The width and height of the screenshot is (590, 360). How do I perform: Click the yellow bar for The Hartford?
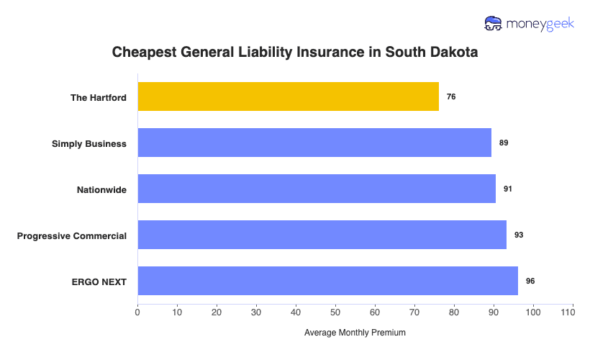pos(288,96)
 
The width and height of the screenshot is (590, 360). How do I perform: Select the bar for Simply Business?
pos(314,143)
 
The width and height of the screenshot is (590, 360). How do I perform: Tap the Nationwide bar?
pos(317,189)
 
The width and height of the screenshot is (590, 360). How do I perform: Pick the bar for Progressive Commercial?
pos(322,235)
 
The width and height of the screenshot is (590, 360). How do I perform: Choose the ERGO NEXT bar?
pos(327,281)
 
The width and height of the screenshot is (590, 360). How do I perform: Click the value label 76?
pos(451,96)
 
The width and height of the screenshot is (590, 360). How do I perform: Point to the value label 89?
pos(504,143)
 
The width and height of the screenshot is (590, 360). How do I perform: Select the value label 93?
pos(519,235)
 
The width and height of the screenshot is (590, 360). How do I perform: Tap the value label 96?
pos(530,281)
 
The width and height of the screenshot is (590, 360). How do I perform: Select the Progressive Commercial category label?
pos(72,235)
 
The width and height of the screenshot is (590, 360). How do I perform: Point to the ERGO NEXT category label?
pos(99,282)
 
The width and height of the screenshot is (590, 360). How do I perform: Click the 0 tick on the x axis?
pos(137,313)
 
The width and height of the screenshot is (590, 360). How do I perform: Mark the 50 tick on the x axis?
pos(335,313)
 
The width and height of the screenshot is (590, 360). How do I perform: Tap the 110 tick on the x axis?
pos(573,313)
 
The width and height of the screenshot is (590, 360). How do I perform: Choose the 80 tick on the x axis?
pos(454,313)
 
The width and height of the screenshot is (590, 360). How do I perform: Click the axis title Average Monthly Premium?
pos(355,333)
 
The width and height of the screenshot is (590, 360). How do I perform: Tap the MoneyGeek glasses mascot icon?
pos(494,24)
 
